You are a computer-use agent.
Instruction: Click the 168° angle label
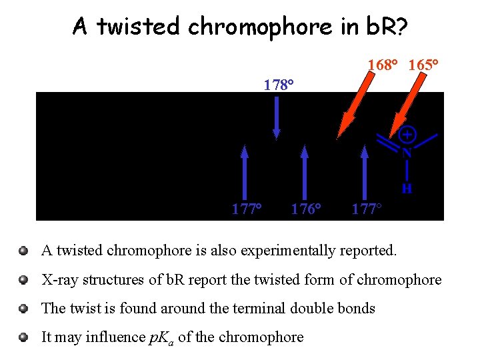[x=382, y=66]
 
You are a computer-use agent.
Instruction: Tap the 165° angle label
[x=423, y=66]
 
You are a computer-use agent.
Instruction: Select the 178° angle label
[x=279, y=85]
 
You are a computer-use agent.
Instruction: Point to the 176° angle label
[x=306, y=209]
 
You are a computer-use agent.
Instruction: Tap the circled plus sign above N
[x=407, y=135]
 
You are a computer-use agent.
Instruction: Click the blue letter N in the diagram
[x=406, y=152]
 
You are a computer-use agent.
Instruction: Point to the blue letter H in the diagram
[x=407, y=189]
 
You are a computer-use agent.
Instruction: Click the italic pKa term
[x=159, y=337]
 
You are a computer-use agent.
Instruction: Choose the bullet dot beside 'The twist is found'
[x=23, y=309]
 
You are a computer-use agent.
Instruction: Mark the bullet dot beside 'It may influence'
[x=23, y=337]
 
